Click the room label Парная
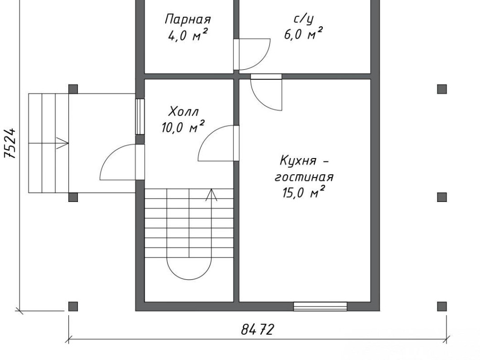pyautogui.click(x=188, y=19)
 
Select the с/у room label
pyautogui.click(x=304, y=19)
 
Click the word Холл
pyautogui.click(x=183, y=111)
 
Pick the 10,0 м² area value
pyautogui.click(x=183, y=127)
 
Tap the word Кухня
pyautogui.click(x=298, y=161)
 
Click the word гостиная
pyautogui.click(x=304, y=177)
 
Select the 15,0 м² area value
pyautogui.click(x=303, y=193)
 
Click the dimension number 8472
pyautogui.click(x=257, y=329)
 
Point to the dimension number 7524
pyautogui.click(x=10, y=143)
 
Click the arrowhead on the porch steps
pyautogui.click(x=63, y=143)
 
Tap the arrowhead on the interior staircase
pyautogui.click(x=211, y=195)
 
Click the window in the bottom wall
pyautogui.click(x=320, y=307)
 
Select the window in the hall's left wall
pyautogui.click(x=140, y=116)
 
